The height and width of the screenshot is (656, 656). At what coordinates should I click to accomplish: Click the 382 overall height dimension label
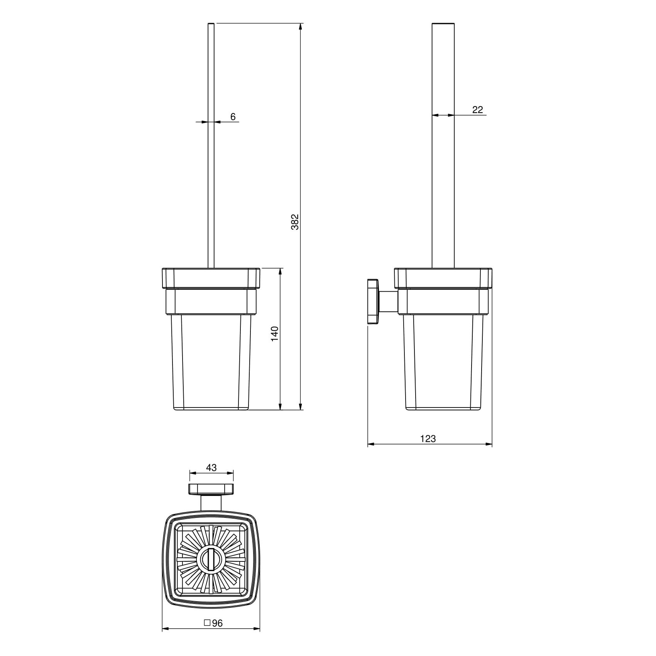tap(295, 222)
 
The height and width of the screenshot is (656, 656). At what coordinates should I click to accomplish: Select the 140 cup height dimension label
tap(274, 334)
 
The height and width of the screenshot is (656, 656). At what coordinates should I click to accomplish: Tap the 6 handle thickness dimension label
tap(233, 117)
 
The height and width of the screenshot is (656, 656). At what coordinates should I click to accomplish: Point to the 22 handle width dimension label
tap(477, 110)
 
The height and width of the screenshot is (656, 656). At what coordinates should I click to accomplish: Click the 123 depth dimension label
tap(428, 439)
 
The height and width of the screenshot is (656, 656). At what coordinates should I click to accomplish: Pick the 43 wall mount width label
tap(211, 468)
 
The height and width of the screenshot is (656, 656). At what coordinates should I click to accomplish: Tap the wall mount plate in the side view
tap(373, 301)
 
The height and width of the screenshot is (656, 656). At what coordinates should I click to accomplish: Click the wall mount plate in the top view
tap(211, 489)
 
